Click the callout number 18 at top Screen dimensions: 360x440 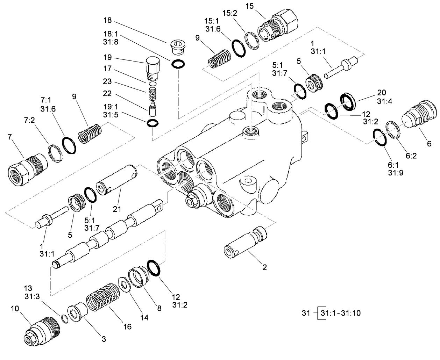(x=107, y=20)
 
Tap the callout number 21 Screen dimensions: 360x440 (x=117, y=209)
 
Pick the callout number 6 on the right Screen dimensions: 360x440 (x=429, y=143)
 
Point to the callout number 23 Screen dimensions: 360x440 (x=107, y=81)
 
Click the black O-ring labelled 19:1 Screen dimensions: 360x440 (x=152, y=123)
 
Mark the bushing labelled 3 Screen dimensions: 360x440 (x=77, y=313)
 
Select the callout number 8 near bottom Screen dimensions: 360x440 (x=159, y=309)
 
